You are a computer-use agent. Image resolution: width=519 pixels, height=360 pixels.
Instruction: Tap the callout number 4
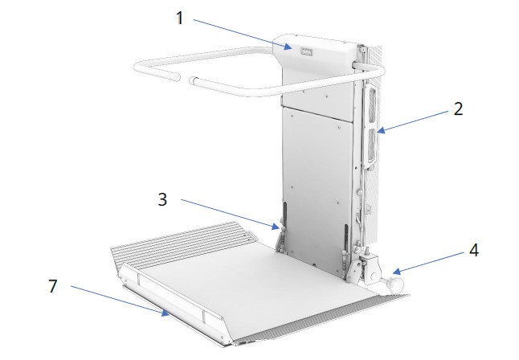coord(474,250)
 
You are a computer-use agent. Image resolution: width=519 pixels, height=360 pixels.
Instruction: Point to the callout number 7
coord(52,284)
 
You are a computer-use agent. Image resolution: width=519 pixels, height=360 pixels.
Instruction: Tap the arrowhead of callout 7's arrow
coord(169,316)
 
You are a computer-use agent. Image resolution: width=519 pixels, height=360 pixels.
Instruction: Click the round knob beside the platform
coord(394,284)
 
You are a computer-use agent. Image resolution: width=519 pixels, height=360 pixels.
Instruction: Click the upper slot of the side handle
coord(371,106)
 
